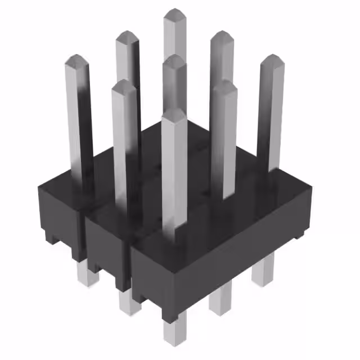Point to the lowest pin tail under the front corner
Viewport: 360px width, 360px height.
point(174,332)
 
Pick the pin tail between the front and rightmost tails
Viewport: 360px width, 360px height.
point(220,298)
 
